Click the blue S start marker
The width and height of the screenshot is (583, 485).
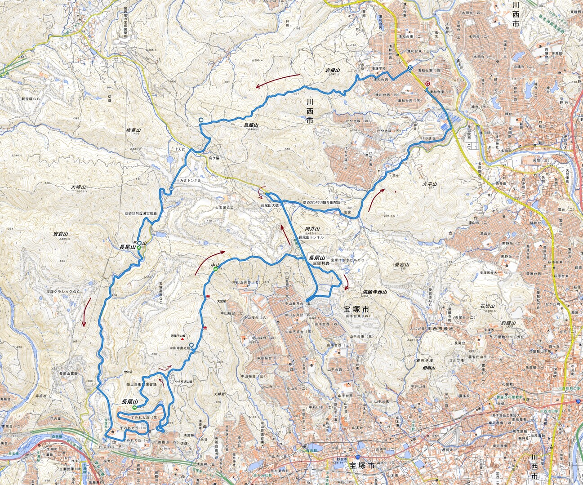410,68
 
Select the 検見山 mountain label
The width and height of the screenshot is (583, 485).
134,130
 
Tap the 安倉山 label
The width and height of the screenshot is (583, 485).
60,234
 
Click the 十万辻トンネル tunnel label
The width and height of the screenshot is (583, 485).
189,180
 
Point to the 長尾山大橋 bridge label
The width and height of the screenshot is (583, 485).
270,205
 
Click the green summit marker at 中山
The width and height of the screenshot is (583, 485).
216,269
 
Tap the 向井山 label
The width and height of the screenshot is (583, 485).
312,229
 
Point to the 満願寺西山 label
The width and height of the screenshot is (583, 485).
375,292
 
